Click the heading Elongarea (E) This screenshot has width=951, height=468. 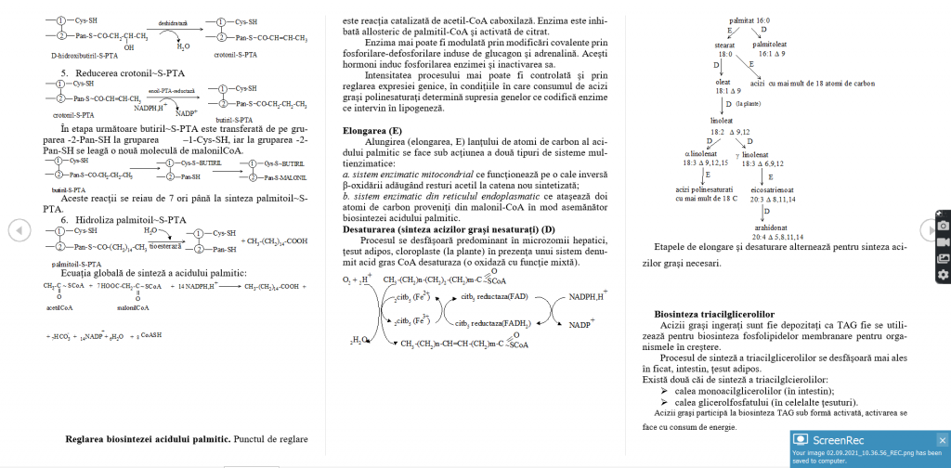pyautogui.click(x=372, y=132)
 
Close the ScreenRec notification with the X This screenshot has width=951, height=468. pyautogui.click(x=942, y=440)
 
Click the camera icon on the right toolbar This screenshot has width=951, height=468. pyautogui.click(x=943, y=226)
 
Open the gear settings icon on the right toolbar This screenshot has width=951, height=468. pyautogui.click(x=943, y=274)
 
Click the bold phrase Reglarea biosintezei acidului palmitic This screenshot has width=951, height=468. pyautogui.click(x=148, y=438)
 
